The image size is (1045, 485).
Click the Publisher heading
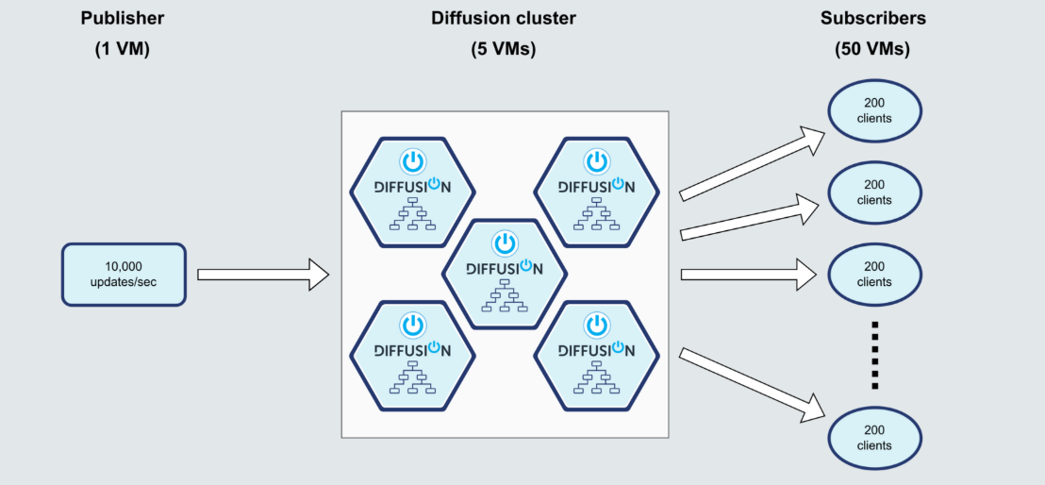[122, 19]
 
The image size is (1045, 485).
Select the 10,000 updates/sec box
[124, 275]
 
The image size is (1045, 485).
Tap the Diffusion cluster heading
[504, 19]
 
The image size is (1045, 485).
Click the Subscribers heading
[873, 19]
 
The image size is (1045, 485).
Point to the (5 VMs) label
[504, 49]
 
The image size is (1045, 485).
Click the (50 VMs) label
[872, 49]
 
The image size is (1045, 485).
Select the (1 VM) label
[122, 49]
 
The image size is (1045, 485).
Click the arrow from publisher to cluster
[263, 275]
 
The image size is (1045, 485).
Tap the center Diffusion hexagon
[505, 275]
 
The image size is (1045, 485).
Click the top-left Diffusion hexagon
[412, 192]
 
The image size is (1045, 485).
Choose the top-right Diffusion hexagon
[596, 192]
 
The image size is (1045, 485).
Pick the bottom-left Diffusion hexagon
[412, 357]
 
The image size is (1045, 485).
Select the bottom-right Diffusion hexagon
[596, 357]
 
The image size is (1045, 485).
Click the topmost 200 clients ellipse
[874, 111]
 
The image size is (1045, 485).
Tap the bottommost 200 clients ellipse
[874, 439]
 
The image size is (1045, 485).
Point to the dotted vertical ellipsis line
[875, 355]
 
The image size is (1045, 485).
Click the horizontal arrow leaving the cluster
[749, 275]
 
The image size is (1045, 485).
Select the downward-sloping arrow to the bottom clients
[752, 385]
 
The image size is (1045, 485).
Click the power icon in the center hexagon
[505, 242]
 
